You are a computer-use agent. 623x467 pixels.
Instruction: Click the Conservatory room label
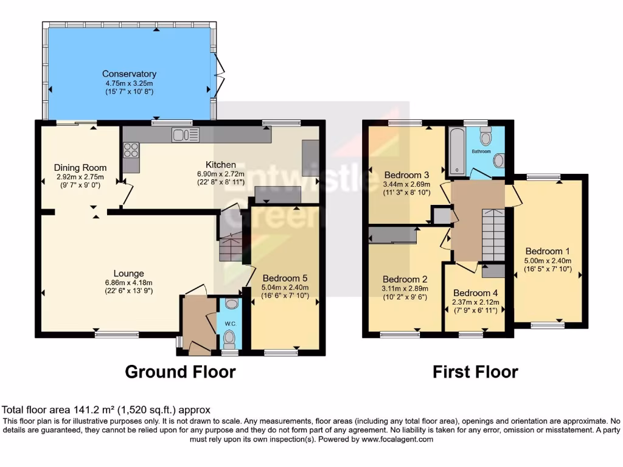coord(129,74)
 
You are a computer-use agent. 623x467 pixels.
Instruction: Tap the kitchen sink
coord(186,134)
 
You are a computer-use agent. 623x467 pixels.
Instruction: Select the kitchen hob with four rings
coord(131,149)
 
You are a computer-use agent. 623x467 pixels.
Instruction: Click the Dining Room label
coord(80,168)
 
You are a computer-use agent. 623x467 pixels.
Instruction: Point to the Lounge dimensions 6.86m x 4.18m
coord(128,282)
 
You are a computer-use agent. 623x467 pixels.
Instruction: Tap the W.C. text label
coord(230,323)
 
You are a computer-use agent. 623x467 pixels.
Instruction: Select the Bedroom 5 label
coord(285,278)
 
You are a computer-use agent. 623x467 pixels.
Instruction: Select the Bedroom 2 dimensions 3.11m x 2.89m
coord(405,289)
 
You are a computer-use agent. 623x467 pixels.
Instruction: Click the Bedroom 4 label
coord(475,292)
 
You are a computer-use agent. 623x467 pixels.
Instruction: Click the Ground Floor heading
coord(180,372)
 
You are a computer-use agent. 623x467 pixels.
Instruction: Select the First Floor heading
coord(475,372)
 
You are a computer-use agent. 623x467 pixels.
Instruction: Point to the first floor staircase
coord(492,234)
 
